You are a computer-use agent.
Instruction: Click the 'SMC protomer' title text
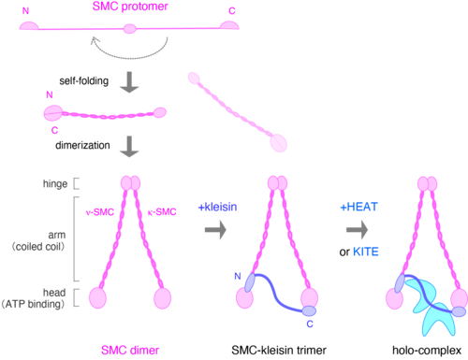click(130, 7)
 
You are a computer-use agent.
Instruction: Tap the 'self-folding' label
click(84, 81)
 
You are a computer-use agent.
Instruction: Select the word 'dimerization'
click(82, 145)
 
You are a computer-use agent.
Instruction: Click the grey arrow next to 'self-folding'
click(129, 82)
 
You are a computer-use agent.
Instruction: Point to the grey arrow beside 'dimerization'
click(129, 147)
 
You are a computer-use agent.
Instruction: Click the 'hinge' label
click(55, 184)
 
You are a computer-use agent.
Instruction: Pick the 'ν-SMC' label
click(100, 212)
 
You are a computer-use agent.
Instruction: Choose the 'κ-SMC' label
click(162, 212)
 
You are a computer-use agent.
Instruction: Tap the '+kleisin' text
click(217, 207)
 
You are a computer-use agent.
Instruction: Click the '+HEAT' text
click(358, 207)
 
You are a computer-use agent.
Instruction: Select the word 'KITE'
click(366, 252)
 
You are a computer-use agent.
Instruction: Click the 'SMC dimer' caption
click(130, 351)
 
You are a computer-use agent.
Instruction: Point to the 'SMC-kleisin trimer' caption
click(279, 351)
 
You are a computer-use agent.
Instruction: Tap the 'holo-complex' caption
click(427, 351)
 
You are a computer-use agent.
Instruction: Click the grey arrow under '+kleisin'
click(215, 230)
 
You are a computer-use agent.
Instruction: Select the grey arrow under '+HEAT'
click(358, 230)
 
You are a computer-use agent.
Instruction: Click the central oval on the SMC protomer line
click(130, 29)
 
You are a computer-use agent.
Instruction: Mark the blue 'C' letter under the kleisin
click(310, 324)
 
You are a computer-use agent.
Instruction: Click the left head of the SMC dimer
click(97, 298)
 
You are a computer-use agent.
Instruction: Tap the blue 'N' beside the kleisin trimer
click(238, 276)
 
